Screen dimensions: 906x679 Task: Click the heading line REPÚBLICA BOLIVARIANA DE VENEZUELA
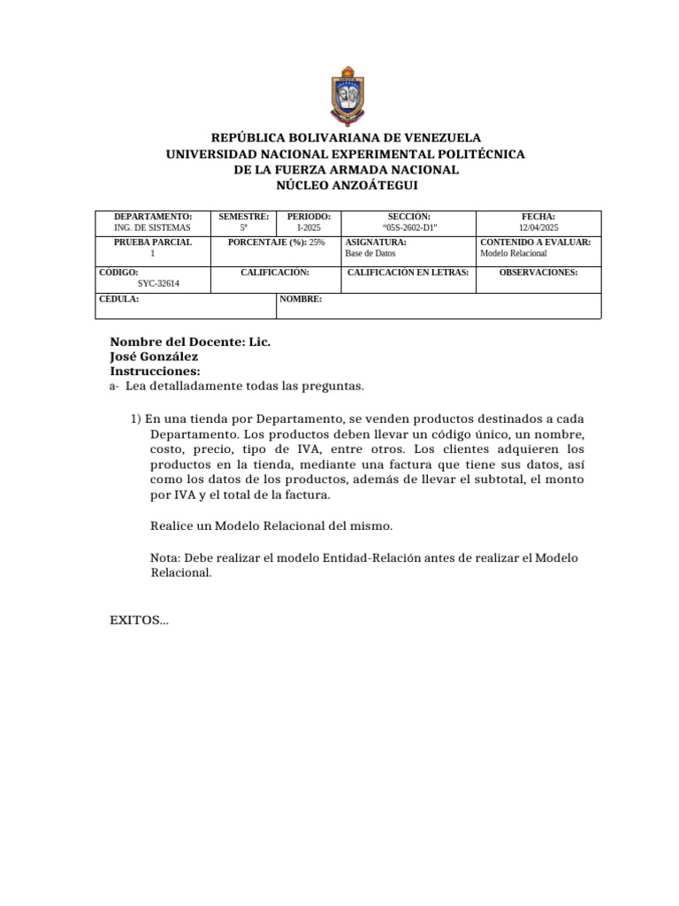click(346, 138)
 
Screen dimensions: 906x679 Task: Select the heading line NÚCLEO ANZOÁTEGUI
click(346, 186)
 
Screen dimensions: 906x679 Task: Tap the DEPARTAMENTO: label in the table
click(153, 217)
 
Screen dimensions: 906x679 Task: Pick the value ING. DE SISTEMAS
click(153, 228)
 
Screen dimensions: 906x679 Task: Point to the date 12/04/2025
click(538, 228)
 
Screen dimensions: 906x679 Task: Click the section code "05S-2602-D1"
click(408, 228)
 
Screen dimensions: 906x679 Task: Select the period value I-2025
click(309, 228)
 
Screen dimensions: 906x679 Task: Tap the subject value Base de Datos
click(370, 253)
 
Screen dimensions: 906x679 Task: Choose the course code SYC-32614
click(159, 284)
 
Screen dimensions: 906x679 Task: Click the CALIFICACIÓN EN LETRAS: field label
click(408, 273)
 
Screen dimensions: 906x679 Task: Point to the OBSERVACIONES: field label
click(538, 273)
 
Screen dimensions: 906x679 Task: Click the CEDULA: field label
click(118, 300)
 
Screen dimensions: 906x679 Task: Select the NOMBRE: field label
click(301, 300)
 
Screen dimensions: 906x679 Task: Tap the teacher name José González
click(154, 357)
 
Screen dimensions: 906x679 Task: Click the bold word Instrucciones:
click(155, 372)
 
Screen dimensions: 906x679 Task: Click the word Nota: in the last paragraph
click(166, 557)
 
